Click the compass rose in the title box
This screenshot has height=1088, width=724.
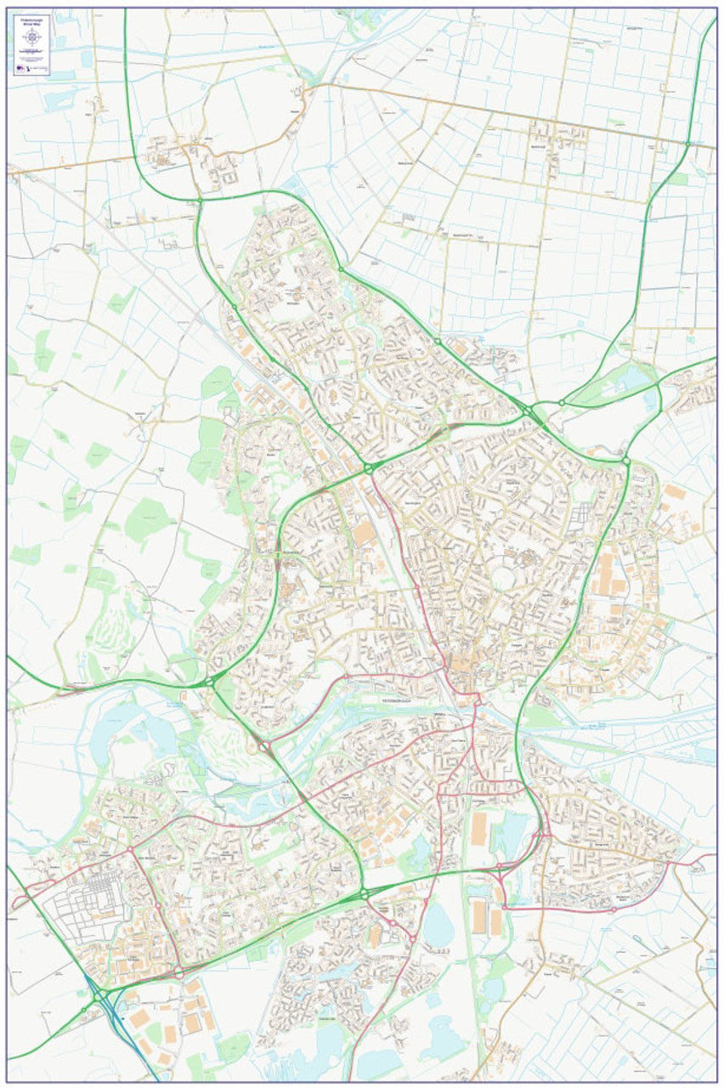(x=33, y=37)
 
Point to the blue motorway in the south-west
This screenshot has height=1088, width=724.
(x=114, y=1020)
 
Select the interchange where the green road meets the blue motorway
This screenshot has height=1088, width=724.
(x=99, y=994)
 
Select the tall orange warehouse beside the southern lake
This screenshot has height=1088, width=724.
(x=479, y=829)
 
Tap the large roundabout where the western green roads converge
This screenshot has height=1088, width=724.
(x=209, y=681)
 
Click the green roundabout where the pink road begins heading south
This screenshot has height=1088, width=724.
(x=369, y=468)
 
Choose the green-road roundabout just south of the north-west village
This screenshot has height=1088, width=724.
(x=200, y=201)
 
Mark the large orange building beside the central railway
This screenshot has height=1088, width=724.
(x=364, y=533)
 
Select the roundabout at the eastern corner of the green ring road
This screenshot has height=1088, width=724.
(x=625, y=461)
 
